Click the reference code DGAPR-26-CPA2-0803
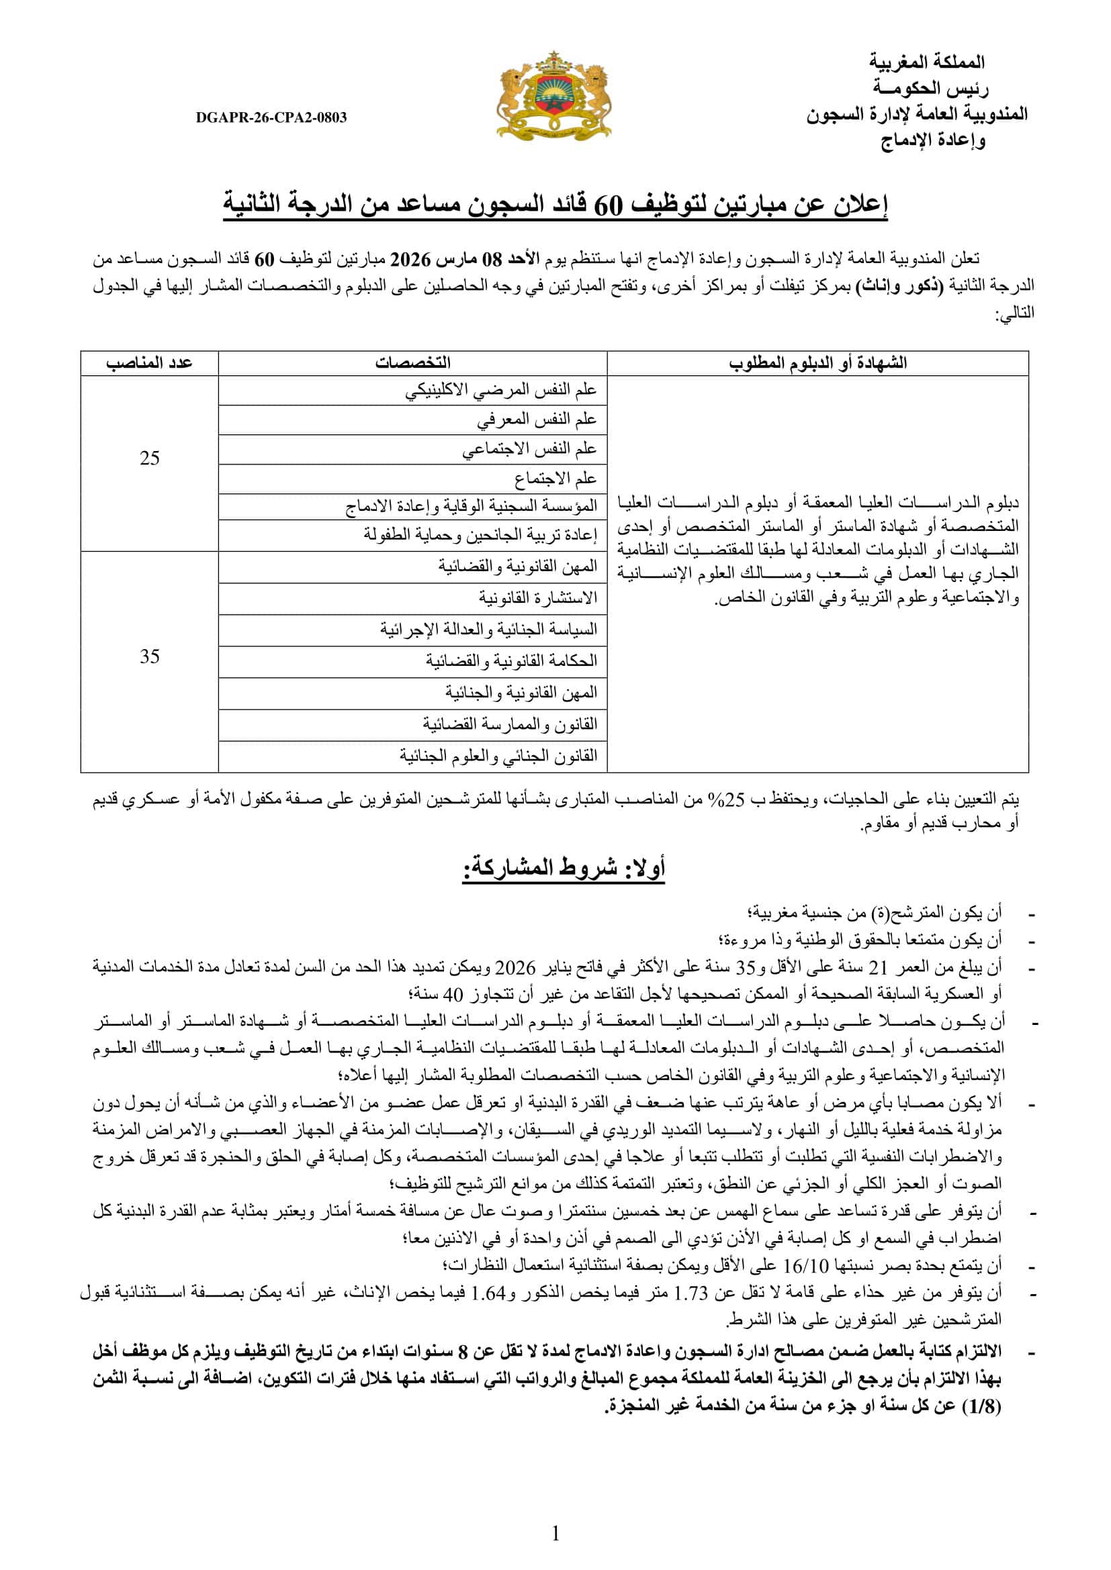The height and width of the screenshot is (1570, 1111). [x=271, y=117]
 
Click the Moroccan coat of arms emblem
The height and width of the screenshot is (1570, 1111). [x=553, y=97]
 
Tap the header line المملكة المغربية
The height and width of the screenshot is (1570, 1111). [x=926, y=62]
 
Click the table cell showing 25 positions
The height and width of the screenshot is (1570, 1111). [x=150, y=459]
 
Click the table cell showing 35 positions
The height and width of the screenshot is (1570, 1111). [x=150, y=657]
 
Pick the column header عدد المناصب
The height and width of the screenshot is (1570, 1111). [x=149, y=363]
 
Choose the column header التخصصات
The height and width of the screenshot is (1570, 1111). [x=412, y=363]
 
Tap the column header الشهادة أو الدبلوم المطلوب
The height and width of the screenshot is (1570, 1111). [x=817, y=363]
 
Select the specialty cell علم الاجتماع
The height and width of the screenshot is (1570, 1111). [x=555, y=479]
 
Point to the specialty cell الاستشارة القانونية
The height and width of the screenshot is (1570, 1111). [x=538, y=598]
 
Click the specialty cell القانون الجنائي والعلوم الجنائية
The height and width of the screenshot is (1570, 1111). [x=498, y=756]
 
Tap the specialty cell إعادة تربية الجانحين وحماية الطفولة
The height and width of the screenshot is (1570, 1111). [x=480, y=536]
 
